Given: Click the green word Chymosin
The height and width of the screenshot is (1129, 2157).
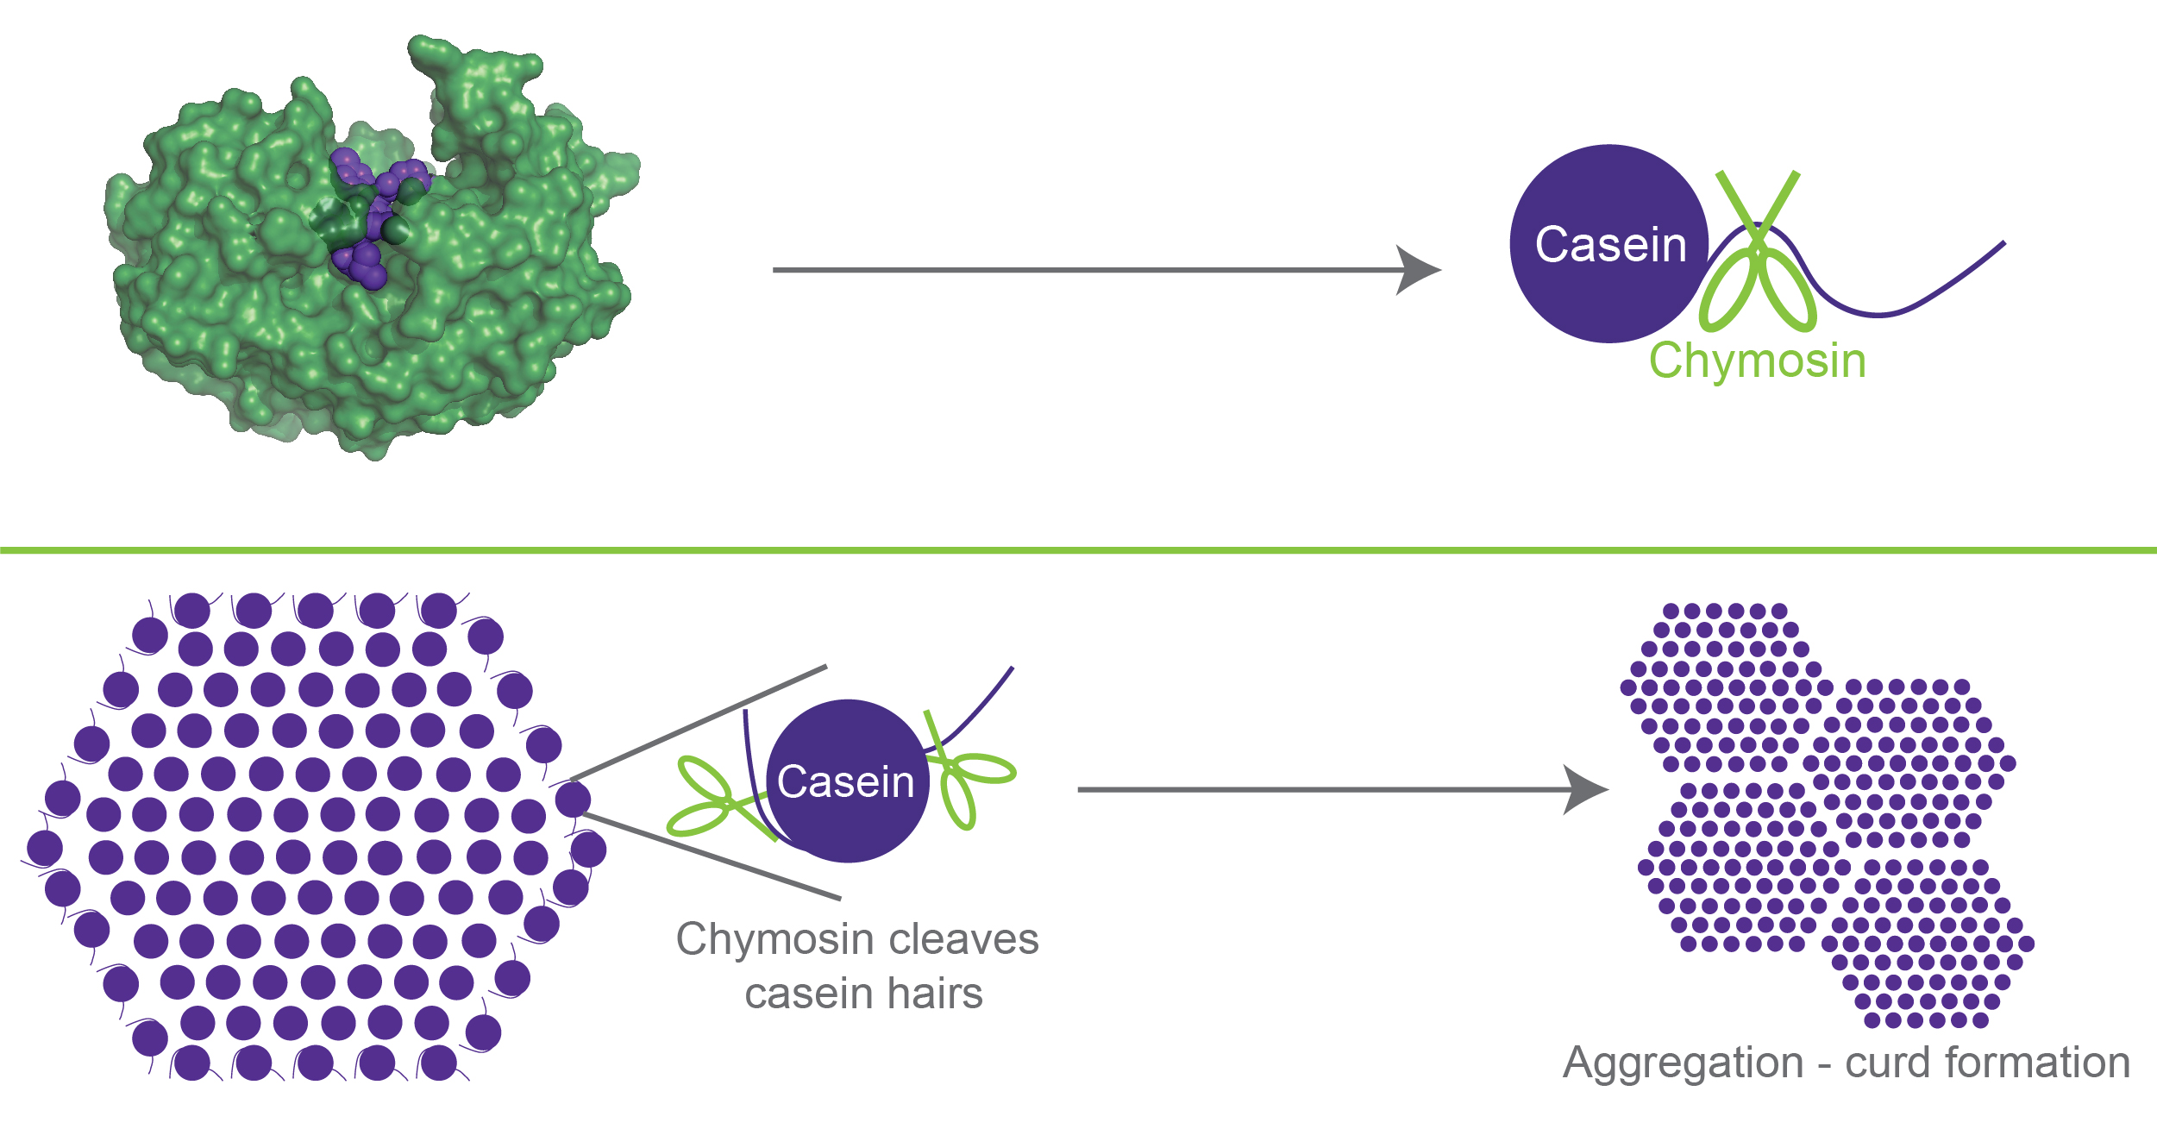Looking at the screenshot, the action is [1758, 361].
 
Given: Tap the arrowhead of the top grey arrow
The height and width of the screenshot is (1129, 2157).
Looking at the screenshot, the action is [1418, 270].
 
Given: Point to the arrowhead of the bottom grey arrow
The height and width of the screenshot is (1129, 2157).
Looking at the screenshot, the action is [1585, 789].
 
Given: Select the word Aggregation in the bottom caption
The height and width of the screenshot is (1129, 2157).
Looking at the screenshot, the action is [1683, 1063].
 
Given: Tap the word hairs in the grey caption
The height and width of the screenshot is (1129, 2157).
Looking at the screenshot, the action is [936, 994].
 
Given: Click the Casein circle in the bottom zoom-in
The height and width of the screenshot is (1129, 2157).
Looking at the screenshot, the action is [847, 781].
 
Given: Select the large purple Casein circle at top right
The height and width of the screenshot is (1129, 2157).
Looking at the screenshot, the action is [1609, 244].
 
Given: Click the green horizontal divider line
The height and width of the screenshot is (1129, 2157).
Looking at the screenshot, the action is [1078, 549].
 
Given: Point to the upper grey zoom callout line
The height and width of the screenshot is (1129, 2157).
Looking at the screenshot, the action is [699, 723].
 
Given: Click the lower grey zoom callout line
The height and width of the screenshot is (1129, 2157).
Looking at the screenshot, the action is [712, 856].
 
